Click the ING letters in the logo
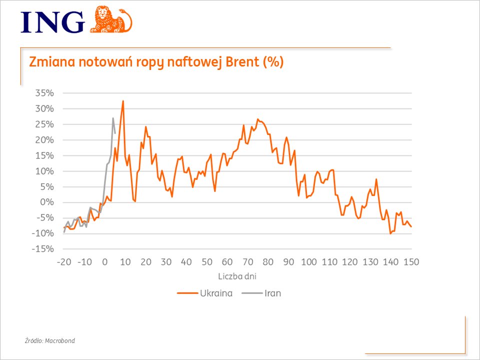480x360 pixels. (x=52, y=22)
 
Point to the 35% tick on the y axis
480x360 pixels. (x=44, y=93)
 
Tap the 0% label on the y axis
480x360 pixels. (x=47, y=202)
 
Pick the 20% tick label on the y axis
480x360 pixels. (x=44, y=140)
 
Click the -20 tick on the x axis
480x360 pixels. (x=63, y=262)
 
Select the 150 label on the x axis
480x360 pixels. (x=411, y=262)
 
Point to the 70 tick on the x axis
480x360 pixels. (x=247, y=262)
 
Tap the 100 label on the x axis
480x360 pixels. (x=309, y=262)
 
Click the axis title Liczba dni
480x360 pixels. (x=237, y=276)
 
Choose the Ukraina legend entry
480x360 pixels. (x=205, y=293)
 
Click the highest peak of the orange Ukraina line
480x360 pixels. (x=123, y=101)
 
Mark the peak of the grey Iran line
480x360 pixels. (x=113, y=118)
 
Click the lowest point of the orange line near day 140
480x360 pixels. (x=390, y=233)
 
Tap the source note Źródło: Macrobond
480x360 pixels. (x=50, y=340)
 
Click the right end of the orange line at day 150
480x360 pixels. (x=411, y=226)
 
